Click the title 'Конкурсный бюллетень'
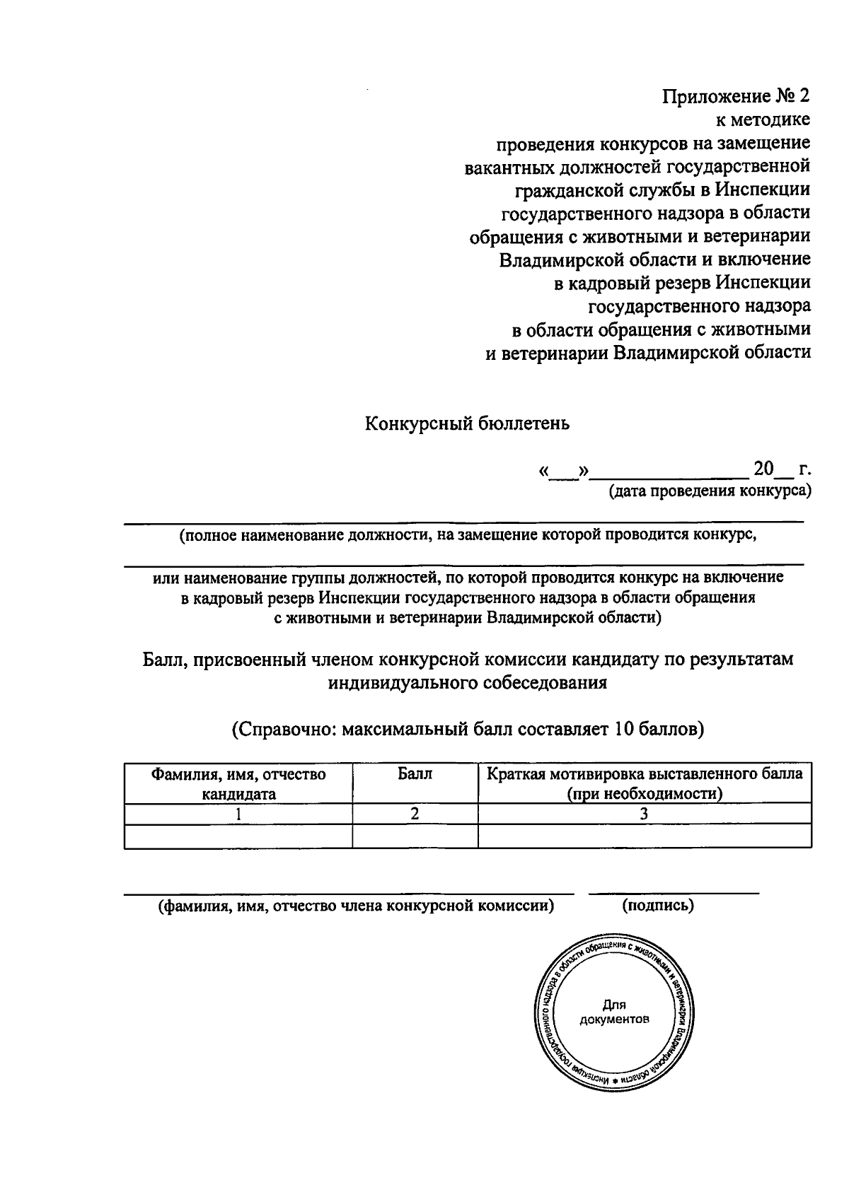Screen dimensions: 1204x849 point(467,423)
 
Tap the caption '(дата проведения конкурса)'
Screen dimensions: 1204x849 point(710,491)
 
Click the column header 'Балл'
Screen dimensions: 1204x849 point(415,774)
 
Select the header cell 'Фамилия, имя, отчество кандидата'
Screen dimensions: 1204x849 point(238,783)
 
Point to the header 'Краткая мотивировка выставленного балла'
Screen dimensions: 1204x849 point(645,774)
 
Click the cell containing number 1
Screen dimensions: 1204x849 point(238,814)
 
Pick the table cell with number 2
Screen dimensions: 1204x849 point(415,814)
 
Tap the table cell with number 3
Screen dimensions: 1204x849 point(645,814)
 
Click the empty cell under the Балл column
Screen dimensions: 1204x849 point(415,836)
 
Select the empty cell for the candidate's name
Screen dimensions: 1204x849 point(238,836)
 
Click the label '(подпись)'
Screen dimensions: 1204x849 point(658,905)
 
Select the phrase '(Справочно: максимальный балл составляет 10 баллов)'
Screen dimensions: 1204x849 point(468,729)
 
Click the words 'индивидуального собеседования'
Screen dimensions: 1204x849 point(468,683)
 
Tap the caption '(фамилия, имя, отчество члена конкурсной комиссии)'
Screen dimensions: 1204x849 point(356,905)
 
